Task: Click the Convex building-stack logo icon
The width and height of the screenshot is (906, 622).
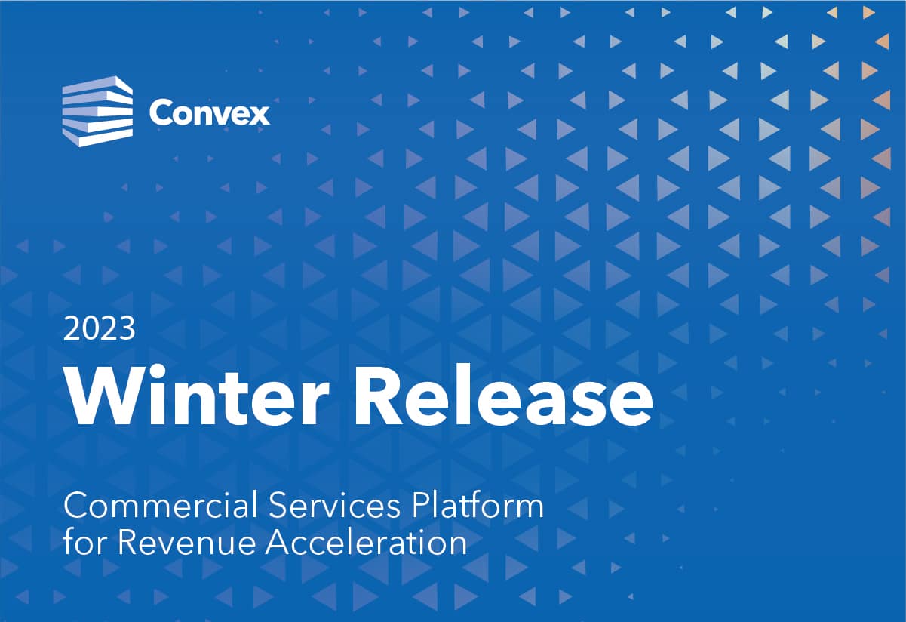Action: tap(97, 111)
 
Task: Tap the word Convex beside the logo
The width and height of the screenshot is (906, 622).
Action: tap(210, 113)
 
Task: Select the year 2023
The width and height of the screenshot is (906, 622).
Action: tap(100, 328)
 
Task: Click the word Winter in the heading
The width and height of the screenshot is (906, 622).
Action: tap(198, 395)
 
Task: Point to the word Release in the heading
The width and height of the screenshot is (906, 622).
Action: tap(504, 395)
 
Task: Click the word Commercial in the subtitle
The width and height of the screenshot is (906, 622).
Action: tap(161, 507)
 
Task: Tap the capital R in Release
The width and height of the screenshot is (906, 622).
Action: tap(378, 396)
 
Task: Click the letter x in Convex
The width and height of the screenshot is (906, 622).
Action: tap(258, 116)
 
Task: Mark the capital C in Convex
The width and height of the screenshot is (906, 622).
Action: tap(159, 113)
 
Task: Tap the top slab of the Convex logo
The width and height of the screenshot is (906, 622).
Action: tap(97, 86)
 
